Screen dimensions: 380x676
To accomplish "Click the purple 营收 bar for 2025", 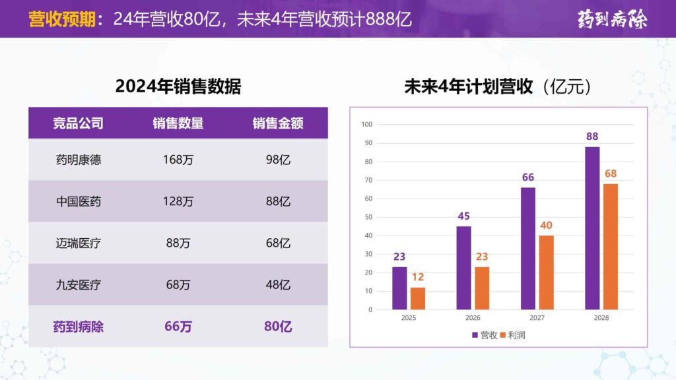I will point(399,288).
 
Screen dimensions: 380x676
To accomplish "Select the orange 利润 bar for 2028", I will point(611,247).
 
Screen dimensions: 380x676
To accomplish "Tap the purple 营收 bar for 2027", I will point(528,249).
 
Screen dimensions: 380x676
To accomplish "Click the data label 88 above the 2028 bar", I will point(592,137).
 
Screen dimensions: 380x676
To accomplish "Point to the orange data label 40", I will point(546,226).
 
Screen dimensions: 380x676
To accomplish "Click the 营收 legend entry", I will point(485,335).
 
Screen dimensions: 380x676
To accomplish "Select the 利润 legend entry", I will point(513,335).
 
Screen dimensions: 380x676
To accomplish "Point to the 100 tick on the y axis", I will point(367,125).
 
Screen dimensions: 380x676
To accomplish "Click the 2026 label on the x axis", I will point(473,318).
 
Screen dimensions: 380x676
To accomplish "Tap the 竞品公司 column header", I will point(78,123).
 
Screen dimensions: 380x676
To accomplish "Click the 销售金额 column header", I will point(278,123).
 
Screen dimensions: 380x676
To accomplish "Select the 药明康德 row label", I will point(78,160).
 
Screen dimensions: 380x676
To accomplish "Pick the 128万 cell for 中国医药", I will point(178,201).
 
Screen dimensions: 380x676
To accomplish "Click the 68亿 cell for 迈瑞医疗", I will point(278,243).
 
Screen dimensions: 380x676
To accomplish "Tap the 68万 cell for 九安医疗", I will point(178,285).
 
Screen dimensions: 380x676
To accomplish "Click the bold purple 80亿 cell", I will point(278,326).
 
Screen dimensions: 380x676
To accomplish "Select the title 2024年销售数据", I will point(178,86).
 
